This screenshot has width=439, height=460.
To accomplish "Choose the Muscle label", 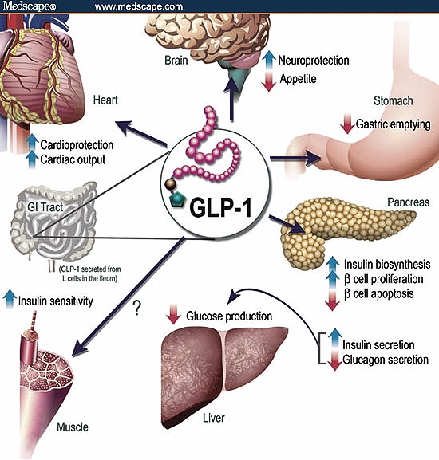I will point(72,427).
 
